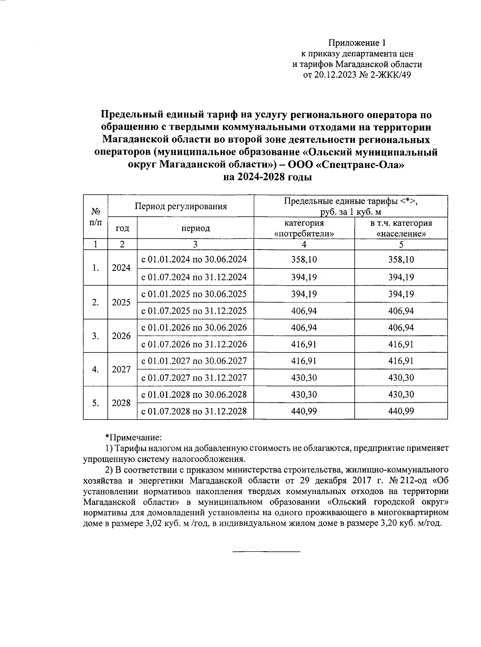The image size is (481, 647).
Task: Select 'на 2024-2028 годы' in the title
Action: pos(267,177)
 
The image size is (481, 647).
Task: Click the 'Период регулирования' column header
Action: pos(181,206)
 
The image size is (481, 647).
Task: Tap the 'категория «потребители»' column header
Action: pos(304,228)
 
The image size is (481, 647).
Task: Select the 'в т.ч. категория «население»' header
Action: pos(401,228)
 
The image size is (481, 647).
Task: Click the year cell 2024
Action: pos(121,268)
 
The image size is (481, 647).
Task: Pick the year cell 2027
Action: pos(121,369)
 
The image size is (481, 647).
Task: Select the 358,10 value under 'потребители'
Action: pos(304,260)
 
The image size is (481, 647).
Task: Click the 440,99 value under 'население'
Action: pos(401,411)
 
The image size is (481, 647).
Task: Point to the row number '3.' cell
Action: pos(95,336)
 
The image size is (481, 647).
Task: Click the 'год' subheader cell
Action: pos(122,228)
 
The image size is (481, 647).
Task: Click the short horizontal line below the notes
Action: pos(267,552)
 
